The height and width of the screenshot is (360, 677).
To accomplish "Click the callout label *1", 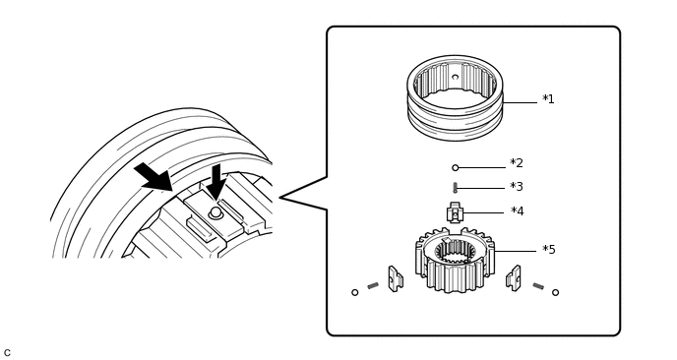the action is (x=548, y=99).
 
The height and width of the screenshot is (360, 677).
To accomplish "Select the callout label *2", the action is (x=517, y=163).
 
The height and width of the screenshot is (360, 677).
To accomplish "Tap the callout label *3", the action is (x=517, y=187).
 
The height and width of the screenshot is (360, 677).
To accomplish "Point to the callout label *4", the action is (x=518, y=211).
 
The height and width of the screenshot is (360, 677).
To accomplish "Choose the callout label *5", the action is (x=549, y=250).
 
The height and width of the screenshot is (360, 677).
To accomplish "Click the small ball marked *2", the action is (x=455, y=168).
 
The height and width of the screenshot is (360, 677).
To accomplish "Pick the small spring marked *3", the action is (x=455, y=187).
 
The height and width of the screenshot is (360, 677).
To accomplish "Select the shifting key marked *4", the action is (x=455, y=212).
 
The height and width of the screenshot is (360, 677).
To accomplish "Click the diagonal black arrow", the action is (x=154, y=177).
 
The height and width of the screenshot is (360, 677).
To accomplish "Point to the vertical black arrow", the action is (x=215, y=182).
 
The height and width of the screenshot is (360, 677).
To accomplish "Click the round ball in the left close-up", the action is (x=215, y=212).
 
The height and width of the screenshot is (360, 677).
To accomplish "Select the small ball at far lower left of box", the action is (x=355, y=292).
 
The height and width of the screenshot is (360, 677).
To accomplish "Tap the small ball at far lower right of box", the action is (x=555, y=292).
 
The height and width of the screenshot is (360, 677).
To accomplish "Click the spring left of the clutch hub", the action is (x=373, y=285).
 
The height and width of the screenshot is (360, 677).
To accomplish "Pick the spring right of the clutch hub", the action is (x=538, y=286).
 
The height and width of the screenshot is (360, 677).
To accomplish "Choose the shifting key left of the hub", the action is (x=395, y=278).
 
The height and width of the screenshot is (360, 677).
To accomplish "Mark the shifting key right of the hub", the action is (x=514, y=278).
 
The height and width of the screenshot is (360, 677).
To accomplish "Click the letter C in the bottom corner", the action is (x=7, y=353).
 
